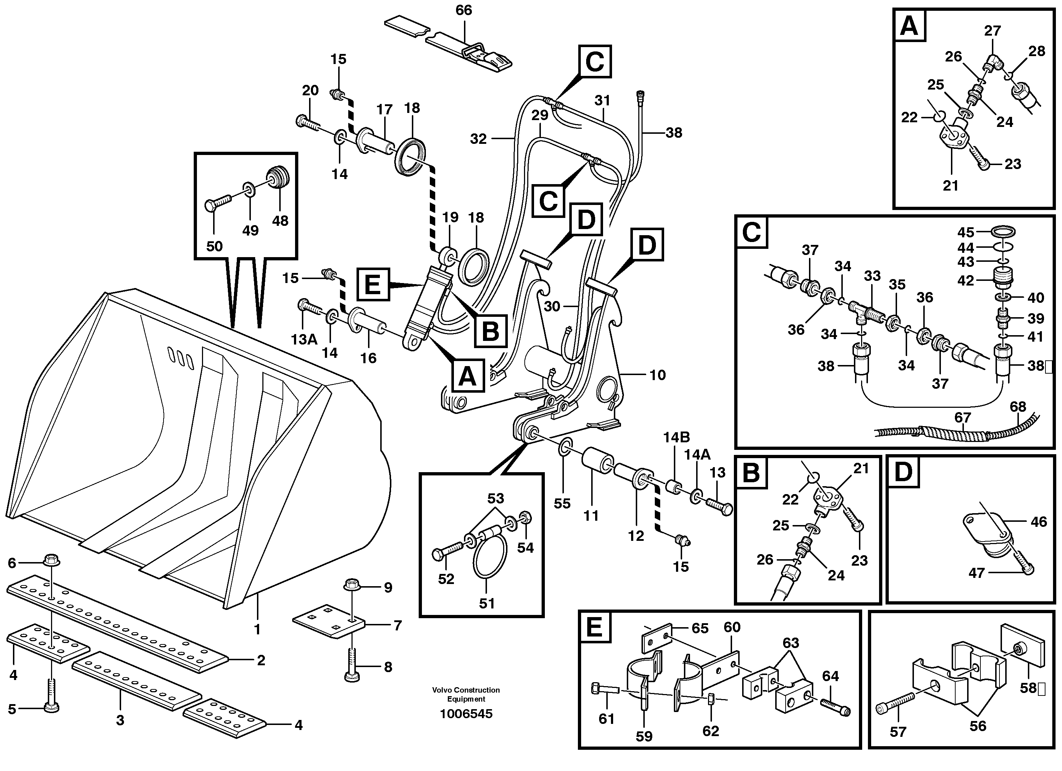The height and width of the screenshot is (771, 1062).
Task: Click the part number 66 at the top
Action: point(464,10)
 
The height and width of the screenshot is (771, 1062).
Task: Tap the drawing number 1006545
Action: point(466,714)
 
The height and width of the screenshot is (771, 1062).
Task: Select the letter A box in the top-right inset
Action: point(909,26)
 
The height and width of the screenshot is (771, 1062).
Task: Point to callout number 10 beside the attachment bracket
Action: point(657,375)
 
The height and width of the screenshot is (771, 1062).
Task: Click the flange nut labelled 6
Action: point(51,560)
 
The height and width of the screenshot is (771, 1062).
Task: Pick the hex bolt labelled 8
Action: point(351,666)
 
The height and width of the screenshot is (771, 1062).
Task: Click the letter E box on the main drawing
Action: point(373,284)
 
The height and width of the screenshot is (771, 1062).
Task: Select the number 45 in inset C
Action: point(966,232)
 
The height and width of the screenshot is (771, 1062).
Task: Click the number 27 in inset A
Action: point(992,31)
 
